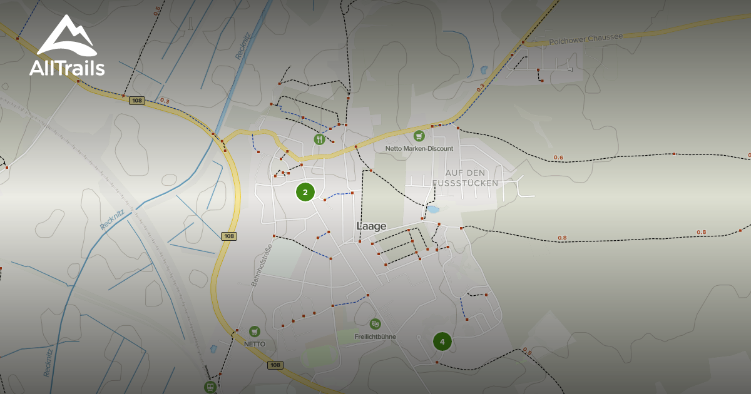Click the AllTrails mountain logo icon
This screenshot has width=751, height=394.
click(66, 37)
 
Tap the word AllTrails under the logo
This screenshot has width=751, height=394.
click(67, 68)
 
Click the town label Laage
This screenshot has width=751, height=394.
click(371, 226)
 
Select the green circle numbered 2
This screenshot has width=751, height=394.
click(305, 192)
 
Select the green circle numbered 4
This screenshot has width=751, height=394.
click(442, 341)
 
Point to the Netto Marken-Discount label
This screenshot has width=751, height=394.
click(419, 149)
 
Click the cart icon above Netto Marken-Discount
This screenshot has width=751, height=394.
click(419, 136)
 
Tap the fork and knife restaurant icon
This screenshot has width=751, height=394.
click(320, 139)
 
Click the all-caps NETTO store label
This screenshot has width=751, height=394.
click(255, 344)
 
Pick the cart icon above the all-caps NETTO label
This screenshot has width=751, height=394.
click(254, 331)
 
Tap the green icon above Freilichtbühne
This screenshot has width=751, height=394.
click(375, 323)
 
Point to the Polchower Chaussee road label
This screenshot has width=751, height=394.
click(586, 39)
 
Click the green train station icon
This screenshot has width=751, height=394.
click(210, 386)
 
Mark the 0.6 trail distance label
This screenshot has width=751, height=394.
click(558, 157)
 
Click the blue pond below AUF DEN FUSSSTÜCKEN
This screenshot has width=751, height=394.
click(433, 210)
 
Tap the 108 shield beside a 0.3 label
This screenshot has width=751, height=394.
click(137, 100)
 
